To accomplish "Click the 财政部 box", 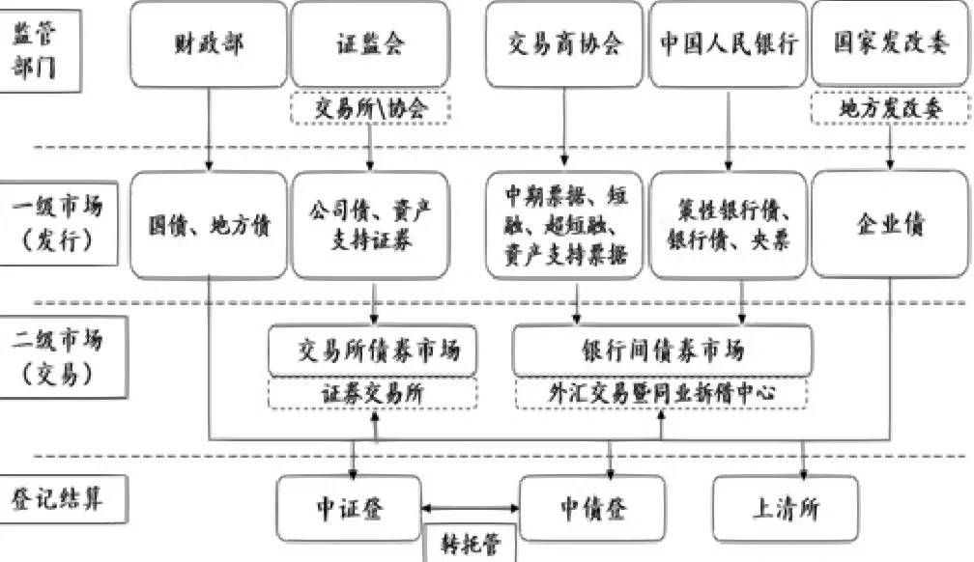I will point(208,43).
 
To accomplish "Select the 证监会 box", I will point(370,43).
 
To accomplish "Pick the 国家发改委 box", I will point(888,43).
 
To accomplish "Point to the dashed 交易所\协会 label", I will point(371,108).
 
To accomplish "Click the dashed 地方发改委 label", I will point(888,108).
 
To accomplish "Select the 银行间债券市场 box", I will point(662,351).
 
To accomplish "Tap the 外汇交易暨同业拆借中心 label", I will point(662,393).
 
